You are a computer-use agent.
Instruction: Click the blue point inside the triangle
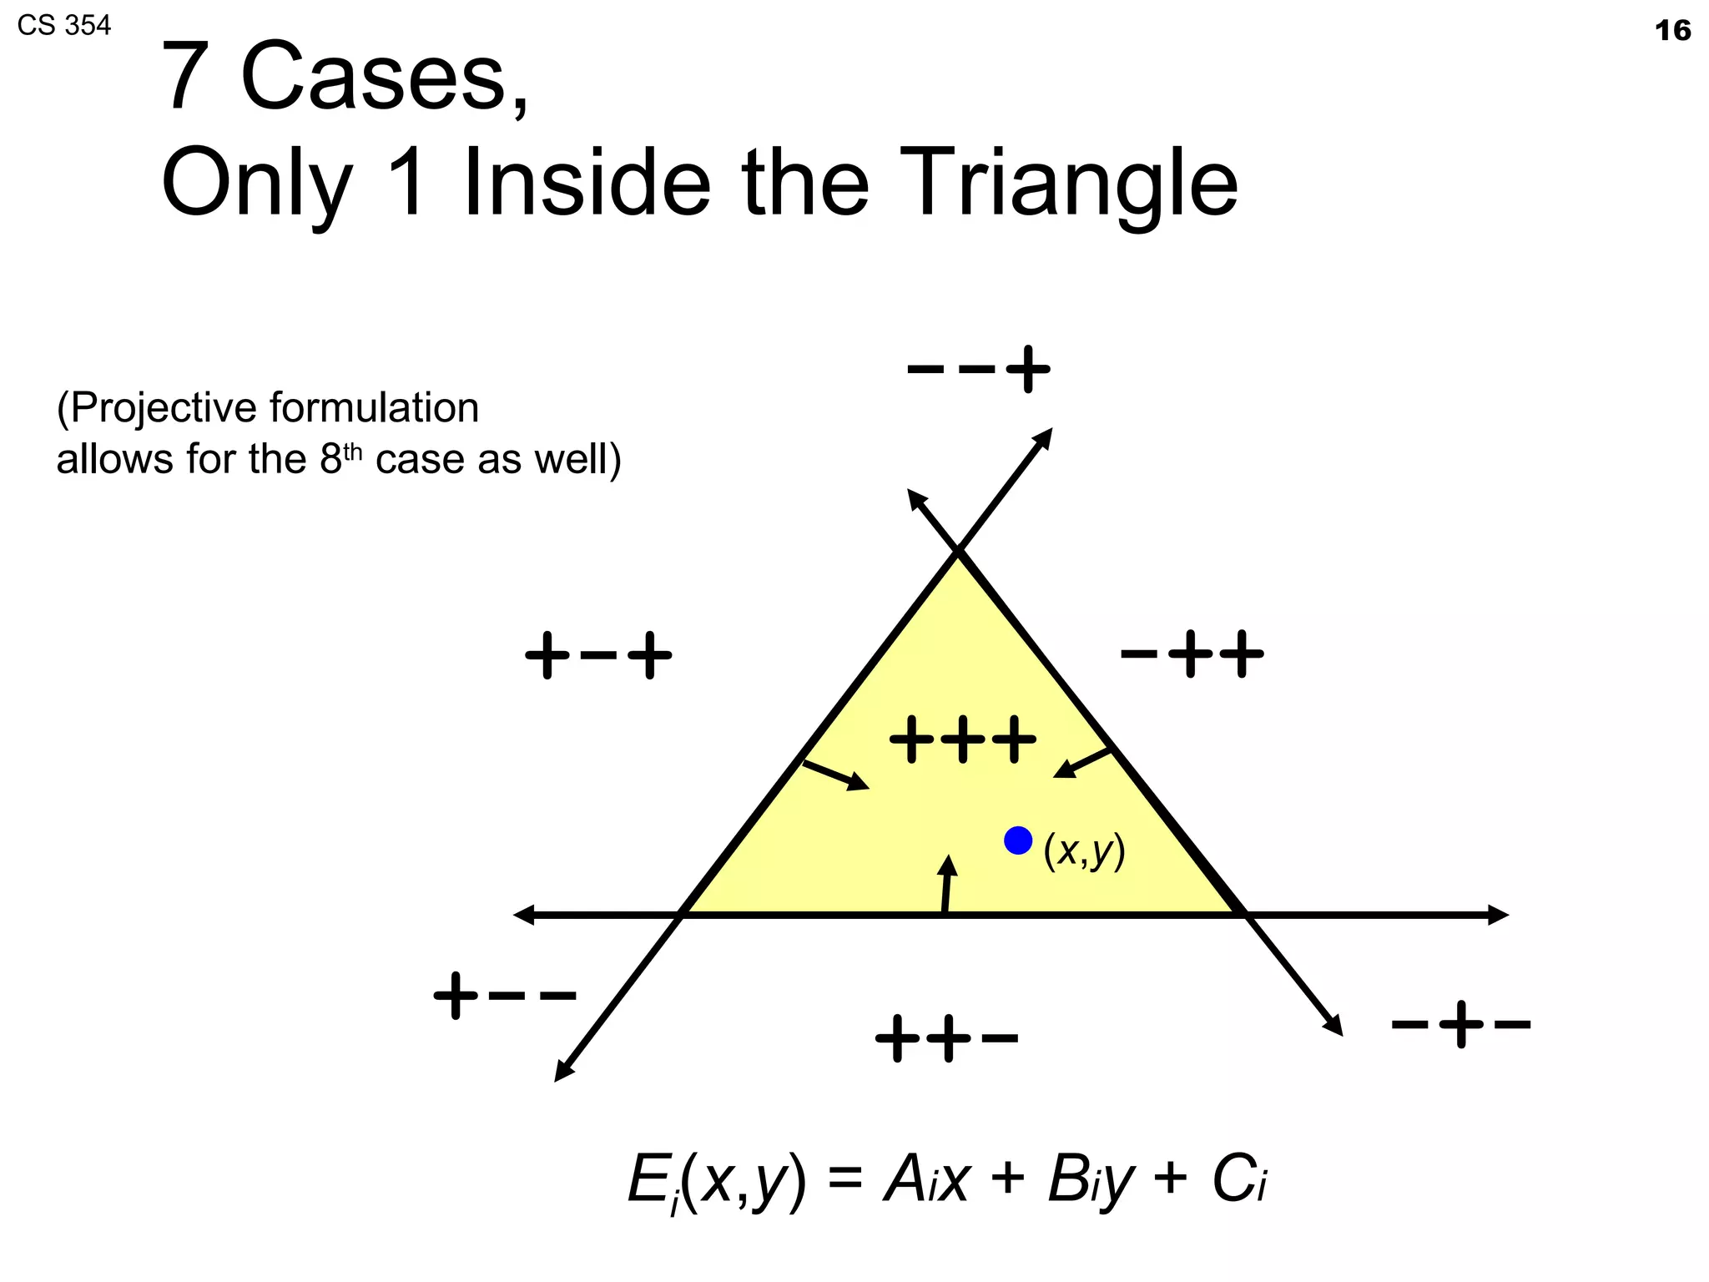(1017, 840)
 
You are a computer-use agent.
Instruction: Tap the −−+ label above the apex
(978, 369)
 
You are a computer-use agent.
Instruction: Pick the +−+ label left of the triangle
(597, 656)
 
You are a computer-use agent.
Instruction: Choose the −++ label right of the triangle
(1192, 654)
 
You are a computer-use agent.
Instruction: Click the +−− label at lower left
(505, 996)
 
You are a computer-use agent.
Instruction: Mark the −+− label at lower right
(1460, 1025)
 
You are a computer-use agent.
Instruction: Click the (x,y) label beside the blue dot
(1084, 851)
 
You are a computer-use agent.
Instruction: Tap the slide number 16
(1671, 31)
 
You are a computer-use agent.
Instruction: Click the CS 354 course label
(63, 26)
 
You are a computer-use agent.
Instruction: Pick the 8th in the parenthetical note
(341, 459)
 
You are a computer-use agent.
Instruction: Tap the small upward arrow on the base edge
(946, 885)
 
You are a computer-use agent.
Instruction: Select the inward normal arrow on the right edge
(1082, 763)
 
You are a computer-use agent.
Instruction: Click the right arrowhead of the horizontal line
(1498, 916)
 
